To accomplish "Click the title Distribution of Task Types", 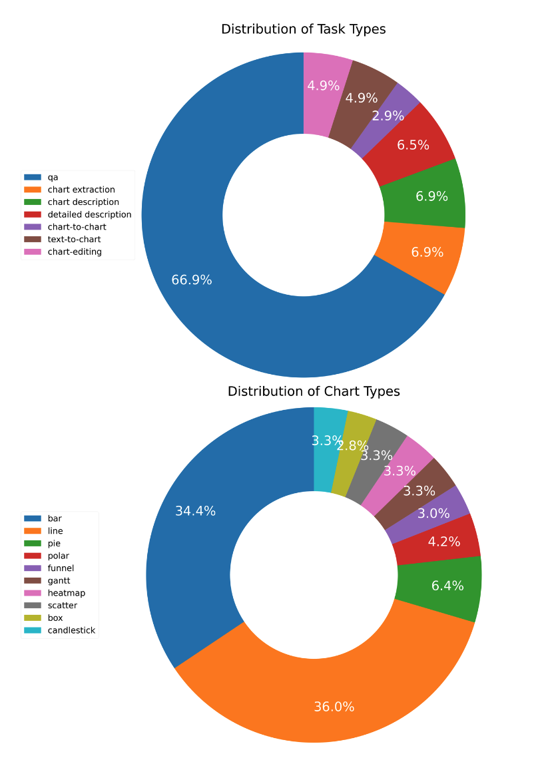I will [303, 29].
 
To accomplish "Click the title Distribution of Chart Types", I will [314, 391].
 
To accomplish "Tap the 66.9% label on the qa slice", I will [192, 280].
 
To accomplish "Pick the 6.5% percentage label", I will [413, 145].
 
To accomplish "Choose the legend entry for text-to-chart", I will [74, 240].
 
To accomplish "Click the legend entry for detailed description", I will [89, 214].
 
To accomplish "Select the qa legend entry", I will [53, 177].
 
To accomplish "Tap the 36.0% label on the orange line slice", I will [334, 707].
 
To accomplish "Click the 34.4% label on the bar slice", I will [195, 511].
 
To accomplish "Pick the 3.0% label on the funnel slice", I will [433, 513].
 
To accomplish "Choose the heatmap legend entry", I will [66, 593].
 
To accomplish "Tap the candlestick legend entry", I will [71, 630].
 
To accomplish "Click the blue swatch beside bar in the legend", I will [33, 518].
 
